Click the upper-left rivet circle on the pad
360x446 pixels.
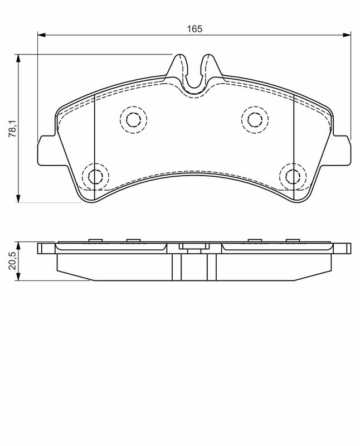click(x=133, y=119)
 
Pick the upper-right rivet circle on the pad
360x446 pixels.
click(x=255, y=119)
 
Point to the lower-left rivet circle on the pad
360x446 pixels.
click(x=94, y=176)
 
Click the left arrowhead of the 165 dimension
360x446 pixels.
click(x=41, y=35)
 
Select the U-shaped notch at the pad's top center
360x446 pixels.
click(x=193, y=78)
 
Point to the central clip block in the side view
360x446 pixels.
click(x=193, y=249)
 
